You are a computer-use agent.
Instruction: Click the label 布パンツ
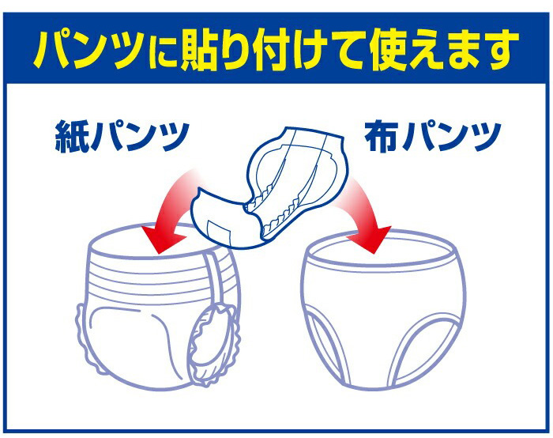pyautogui.click(x=433, y=136)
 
